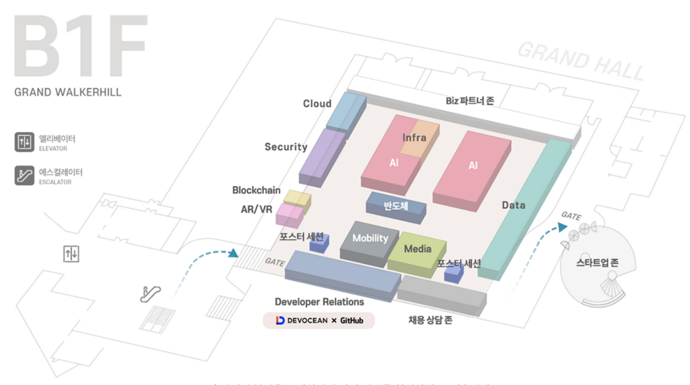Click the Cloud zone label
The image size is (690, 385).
(317, 103)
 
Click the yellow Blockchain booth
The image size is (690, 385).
(297, 198)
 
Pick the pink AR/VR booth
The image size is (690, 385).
(289, 214)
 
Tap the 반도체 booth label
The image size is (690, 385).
(396, 205)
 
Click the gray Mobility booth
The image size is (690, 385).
(369, 239)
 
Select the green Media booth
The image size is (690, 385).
(417, 250)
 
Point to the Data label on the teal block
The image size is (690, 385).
(513, 205)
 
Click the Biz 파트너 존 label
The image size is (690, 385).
(469, 100)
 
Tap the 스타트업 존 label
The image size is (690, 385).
(597, 263)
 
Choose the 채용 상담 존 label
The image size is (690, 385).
(430, 320)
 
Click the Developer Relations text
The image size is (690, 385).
(319, 302)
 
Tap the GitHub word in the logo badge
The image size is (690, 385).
(352, 321)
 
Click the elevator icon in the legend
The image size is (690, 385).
(24, 142)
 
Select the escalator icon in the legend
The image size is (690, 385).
(24, 176)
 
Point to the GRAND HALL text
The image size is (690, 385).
(580, 60)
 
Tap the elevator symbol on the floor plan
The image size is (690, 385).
(72, 254)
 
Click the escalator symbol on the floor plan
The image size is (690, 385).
(151, 293)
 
